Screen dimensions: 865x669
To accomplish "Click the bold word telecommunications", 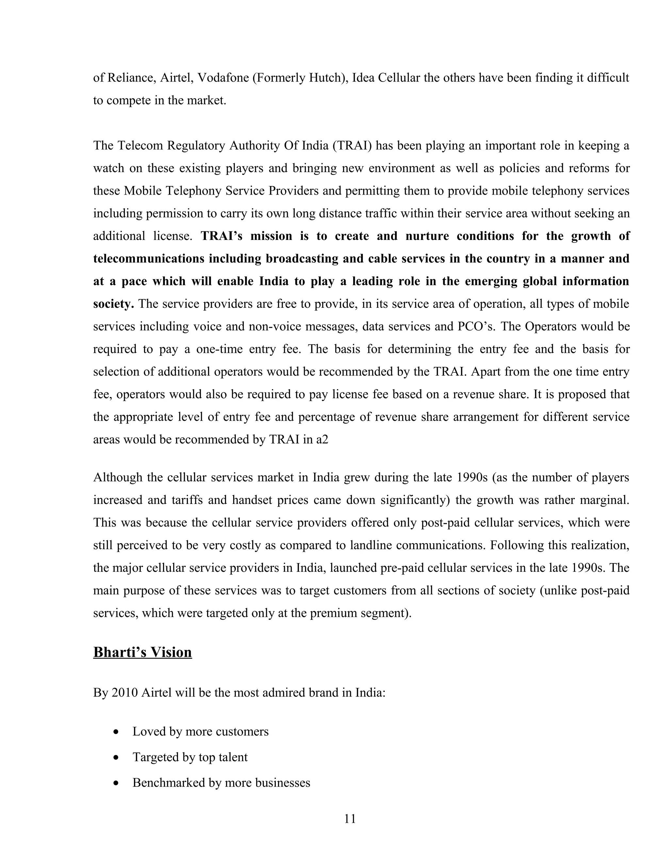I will coord(149,259).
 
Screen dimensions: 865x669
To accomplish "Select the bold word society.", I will coord(113,304).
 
